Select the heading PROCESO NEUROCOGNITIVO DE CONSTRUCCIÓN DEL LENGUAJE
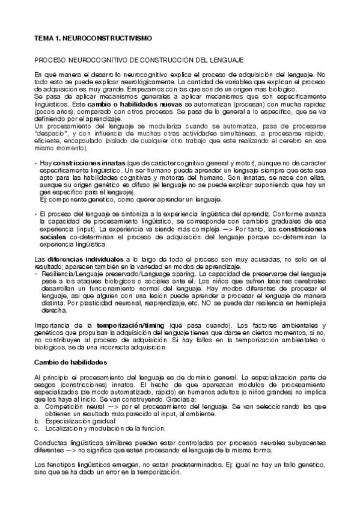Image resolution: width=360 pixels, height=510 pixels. click(139, 61)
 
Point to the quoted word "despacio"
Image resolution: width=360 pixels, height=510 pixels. click(51, 135)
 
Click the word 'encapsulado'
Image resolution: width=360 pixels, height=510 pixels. click(80, 141)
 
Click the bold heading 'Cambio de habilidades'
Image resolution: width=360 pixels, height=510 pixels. click(70, 363)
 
